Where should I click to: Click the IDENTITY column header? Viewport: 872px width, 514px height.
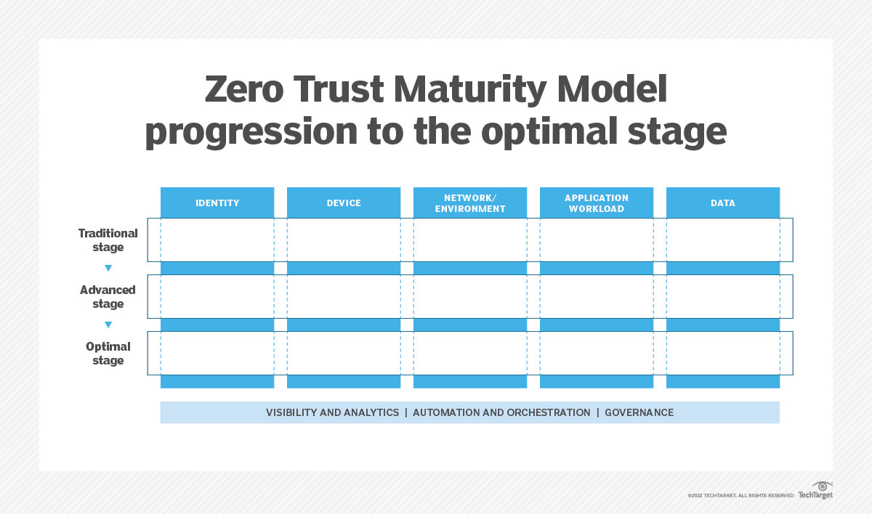pyautogui.click(x=217, y=203)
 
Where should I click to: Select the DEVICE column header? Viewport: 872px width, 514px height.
pyautogui.click(x=344, y=203)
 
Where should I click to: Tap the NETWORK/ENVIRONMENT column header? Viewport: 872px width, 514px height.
pyautogui.click(x=470, y=203)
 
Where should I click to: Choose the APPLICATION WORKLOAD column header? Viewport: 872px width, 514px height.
pyautogui.click(x=597, y=203)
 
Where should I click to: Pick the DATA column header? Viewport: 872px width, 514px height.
pyautogui.click(x=723, y=203)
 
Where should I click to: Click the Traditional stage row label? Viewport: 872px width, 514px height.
pyautogui.click(x=108, y=240)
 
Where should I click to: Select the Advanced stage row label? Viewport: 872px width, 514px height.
pyautogui.click(x=108, y=297)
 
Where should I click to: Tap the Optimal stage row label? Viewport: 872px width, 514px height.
pyautogui.click(x=108, y=354)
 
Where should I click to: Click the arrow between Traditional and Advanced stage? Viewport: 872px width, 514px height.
pyautogui.click(x=108, y=269)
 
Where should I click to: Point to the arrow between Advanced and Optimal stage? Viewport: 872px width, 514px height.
pyautogui.click(x=108, y=325)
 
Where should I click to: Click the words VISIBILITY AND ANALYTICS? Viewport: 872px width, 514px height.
pyautogui.click(x=332, y=412)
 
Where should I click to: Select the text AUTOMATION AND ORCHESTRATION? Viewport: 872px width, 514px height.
pyautogui.click(x=501, y=412)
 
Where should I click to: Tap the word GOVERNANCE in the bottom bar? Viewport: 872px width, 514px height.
pyautogui.click(x=639, y=412)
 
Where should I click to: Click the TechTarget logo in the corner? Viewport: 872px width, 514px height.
pyautogui.click(x=816, y=491)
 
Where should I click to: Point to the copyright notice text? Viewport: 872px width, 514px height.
pyautogui.click(x=740, y=495)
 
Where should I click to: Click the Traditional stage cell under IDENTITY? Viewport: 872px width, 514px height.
pyautogui.click(x=217, y=240)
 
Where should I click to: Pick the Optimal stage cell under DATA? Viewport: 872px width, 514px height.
pyautogui.click(x=723, y=353)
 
